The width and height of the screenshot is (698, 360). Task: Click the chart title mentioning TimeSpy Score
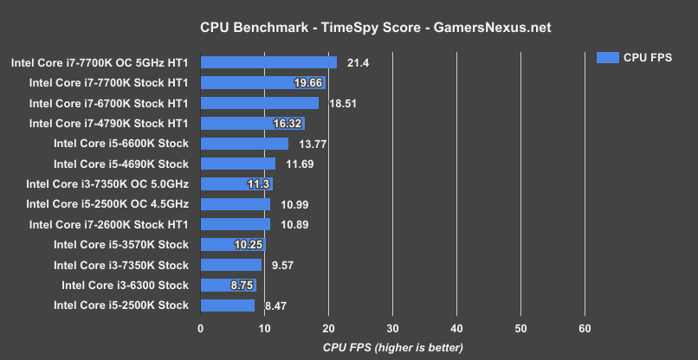tap(349, 28)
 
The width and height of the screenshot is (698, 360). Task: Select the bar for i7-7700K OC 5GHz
tap(268, 62)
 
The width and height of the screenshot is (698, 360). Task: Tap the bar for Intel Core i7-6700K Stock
tap(259, 103)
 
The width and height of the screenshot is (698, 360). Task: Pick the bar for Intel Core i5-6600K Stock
tap(244, 144)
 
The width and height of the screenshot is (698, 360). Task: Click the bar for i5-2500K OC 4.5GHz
tap(236, 204)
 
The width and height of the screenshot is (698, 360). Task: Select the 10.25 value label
tap(249, 245)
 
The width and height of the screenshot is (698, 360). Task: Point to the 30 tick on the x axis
tap(392, 329)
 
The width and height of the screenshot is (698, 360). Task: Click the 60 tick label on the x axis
tap(585, 329)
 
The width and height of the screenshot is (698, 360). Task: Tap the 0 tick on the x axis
tap(201, 329)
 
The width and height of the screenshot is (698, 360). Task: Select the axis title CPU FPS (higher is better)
tap(392, 347)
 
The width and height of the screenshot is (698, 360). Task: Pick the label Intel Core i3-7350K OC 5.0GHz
tap(107, 184)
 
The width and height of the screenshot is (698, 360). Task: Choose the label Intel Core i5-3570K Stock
tap(120, 245)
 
